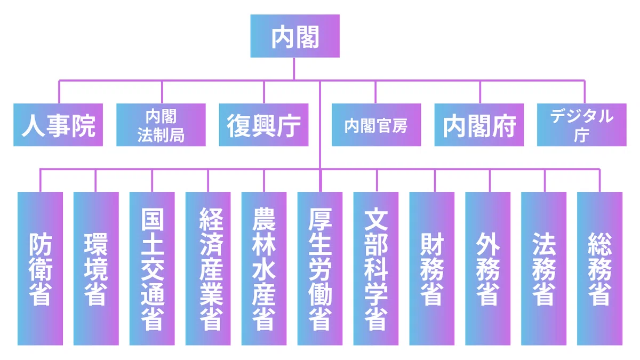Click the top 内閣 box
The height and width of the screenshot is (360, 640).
(x=295, y=36)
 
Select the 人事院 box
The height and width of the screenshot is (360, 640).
(x=58, y=125)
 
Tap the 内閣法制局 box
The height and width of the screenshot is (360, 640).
(x=161, y=125)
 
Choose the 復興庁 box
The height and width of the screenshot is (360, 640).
(x=263, y=125)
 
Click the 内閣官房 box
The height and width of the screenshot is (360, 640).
(x=377, y=125)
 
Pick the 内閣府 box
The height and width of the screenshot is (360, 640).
(x=479, y=125)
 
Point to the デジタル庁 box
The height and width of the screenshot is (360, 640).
(x=582, y=125)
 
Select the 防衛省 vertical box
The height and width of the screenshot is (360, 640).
(x=41, y=269)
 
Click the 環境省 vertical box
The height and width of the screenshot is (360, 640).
(x=96, y=269)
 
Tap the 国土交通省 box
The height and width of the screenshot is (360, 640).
(x=152, y=269)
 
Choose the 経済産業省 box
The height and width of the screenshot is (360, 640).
(x=208, y=269)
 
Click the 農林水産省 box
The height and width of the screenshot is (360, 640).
(x=264, y=269)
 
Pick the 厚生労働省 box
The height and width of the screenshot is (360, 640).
(x=320, y=269)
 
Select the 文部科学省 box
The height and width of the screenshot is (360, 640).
(x=376, y=269)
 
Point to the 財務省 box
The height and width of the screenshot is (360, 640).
(x=431, y=269)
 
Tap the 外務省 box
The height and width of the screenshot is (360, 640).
(x=487, y=269)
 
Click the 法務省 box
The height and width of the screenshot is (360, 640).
(x=543, y=269)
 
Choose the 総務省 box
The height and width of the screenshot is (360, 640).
(x=599, y=269)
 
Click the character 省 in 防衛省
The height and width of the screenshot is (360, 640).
(x=41, y=294)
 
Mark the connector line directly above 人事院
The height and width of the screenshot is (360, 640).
(x=59, y=92)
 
